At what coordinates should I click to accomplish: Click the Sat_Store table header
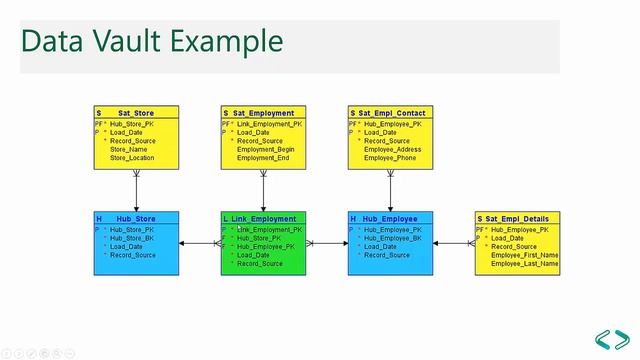click(137, 113)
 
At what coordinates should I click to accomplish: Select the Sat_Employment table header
click(264, 113)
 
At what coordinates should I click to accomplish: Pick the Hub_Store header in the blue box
click(137, 218)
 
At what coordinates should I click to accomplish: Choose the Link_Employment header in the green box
click(264, 218)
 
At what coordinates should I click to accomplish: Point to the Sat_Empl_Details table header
click(518, 218)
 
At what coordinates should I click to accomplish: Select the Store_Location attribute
click(133, 158)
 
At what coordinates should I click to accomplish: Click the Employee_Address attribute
click(392, 149)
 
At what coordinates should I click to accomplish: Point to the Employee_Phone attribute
click(389, 158)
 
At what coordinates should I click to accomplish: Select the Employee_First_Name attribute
click(524, 255)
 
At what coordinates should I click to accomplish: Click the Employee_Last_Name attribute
click(524, 263)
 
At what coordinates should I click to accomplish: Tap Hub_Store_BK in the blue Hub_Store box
click(132, 238)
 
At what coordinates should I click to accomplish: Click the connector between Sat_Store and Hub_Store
click(137, 190)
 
